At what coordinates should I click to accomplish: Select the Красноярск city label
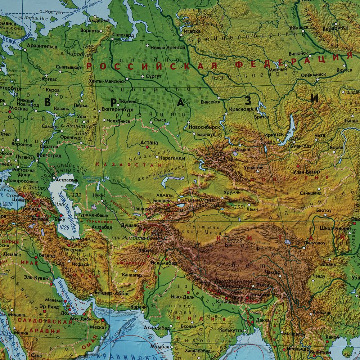(244, 109)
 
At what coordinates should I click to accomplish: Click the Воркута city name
(90, 31)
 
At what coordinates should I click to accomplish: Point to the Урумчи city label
(232, 193)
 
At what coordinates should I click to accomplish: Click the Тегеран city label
(71, 249)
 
